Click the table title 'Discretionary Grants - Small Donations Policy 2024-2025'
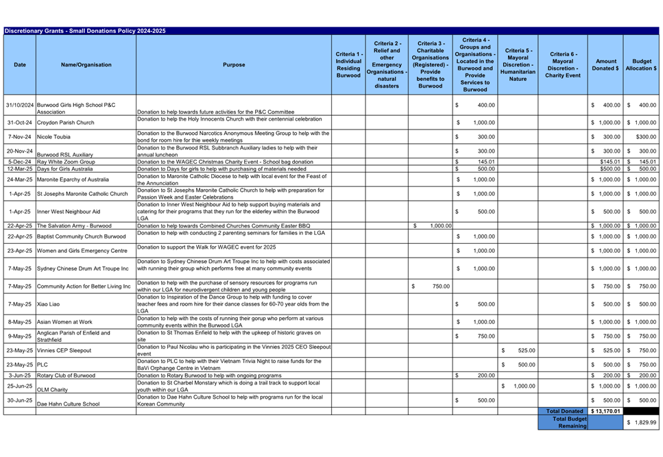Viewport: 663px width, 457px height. [85, 31]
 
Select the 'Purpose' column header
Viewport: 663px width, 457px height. [233, 65]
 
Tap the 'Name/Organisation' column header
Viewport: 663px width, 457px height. [86, 65]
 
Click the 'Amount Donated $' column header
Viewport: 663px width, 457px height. [605, 65]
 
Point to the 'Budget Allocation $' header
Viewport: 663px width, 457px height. [642, 65]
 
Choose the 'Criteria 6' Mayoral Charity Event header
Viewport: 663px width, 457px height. [562, 65]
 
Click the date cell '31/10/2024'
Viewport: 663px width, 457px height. [20, 105]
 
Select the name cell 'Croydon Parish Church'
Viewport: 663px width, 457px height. [66, 123]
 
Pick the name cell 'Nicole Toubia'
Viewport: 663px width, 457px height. [54, 137]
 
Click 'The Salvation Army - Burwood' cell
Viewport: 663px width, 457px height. [74, 225]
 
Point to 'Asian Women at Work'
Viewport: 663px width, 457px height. [64, 321]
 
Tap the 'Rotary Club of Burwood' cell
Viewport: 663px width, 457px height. [66, 375]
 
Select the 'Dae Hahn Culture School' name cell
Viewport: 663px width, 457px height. [68, 404]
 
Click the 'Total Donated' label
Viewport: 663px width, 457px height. [564, 411]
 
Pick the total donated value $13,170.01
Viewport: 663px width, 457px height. [605, 411]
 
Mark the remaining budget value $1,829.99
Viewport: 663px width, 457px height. [642, 423]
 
